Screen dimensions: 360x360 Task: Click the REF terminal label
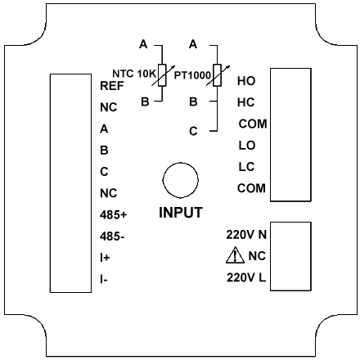point(112,86)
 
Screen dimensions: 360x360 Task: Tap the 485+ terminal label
point(113,215)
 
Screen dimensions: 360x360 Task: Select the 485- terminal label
point(112,236)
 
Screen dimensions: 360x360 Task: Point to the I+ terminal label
point(105,258)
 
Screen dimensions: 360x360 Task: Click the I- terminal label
point(104,279)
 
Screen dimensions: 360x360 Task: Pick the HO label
point(246,81)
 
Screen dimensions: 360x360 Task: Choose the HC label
point(246,102)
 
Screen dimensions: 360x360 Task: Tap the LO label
point(247,146)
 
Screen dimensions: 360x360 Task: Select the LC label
point(246,167)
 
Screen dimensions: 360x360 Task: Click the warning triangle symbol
point(235,255)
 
